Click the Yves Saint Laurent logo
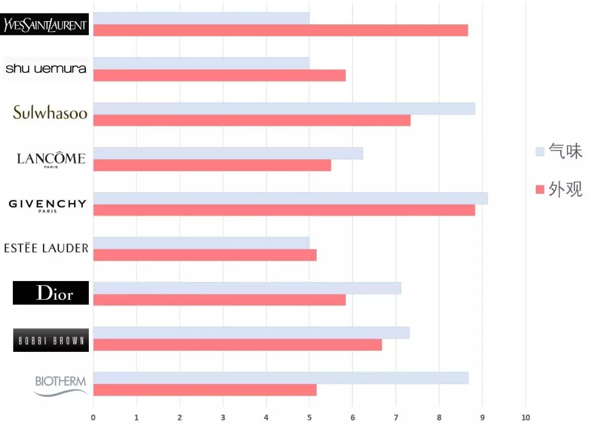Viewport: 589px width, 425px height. click(x=45, y=24)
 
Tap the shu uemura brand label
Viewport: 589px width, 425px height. click(x=46, y=69)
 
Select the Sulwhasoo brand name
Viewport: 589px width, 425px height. click(x=50, y=113)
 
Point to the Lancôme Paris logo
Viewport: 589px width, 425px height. click(x=51, y=160)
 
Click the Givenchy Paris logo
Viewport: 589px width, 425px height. click(x=47, y=205)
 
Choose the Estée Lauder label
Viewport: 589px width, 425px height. click(x=46, y=248)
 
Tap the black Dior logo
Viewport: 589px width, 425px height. click(x=51, y=293)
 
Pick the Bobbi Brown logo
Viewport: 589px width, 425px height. click(x=51, y=340)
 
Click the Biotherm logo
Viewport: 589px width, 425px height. click(x=61, y=385)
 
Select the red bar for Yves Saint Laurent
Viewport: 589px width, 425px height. click(x=280, y=30)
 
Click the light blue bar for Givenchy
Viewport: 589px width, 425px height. click(x=290, y=198)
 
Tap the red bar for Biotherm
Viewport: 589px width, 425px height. click(x=205, y=390)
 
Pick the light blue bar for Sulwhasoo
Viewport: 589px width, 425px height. click(x=284, y=109)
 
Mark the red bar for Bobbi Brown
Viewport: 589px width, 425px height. click(x=237, y=345)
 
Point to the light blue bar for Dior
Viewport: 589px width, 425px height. click(x=247, y=288)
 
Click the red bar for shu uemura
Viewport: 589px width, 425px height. click(x=219, y=75)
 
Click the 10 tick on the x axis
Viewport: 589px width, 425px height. click(x=525, y=418)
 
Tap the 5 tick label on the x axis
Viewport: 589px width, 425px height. click(x=309, y=418)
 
